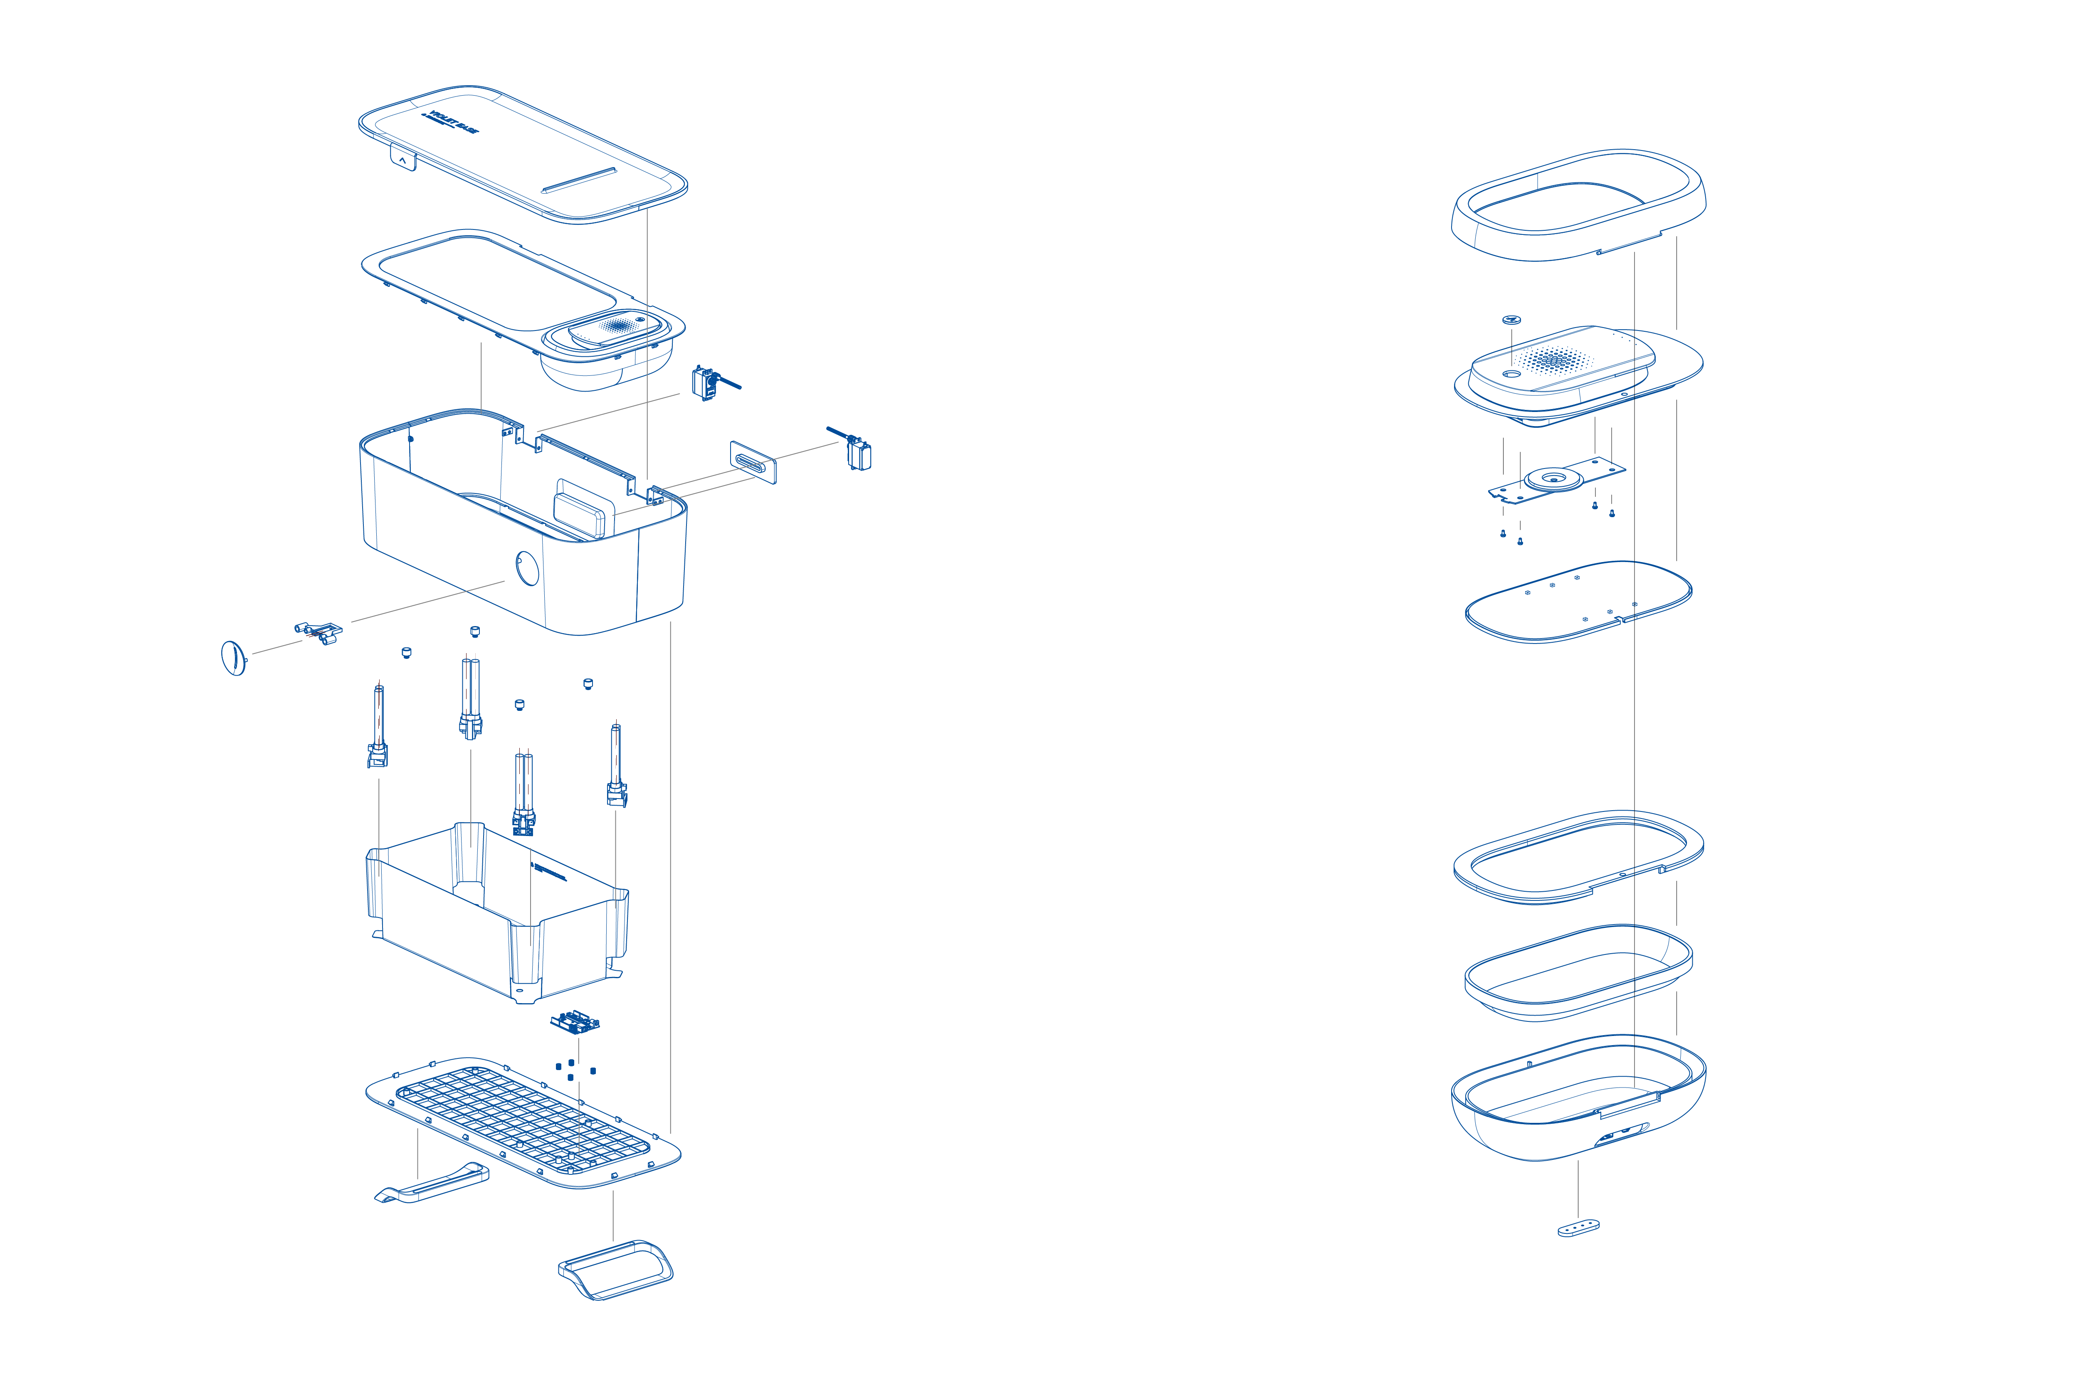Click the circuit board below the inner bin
pos(575,1023)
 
